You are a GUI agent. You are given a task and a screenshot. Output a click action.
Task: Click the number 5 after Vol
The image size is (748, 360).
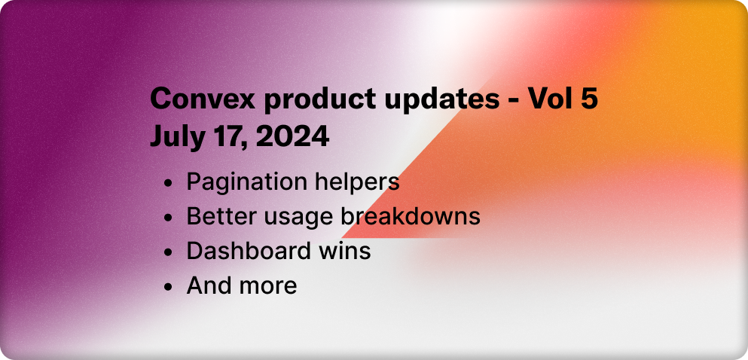(589, 99)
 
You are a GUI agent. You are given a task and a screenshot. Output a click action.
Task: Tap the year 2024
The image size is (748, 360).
(291, 137)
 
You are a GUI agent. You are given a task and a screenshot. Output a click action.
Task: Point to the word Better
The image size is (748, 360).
(218, 217)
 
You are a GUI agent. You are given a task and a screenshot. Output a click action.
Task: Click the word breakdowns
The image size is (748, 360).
(411, 217)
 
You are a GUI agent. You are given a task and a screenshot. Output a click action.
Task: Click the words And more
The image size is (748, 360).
(241, 285)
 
